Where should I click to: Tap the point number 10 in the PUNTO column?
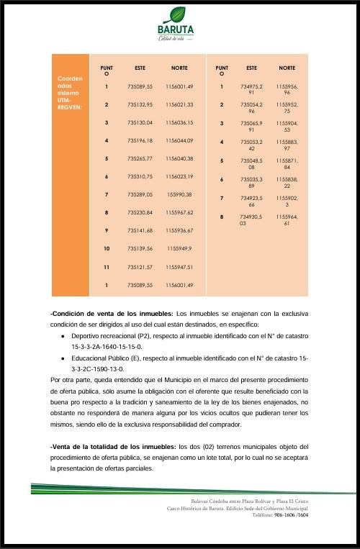coord(106,248)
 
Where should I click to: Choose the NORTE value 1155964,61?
coord(287,219)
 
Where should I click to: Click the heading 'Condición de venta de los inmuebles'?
coord(112,314)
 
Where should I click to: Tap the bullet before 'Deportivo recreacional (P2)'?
coord(63,335)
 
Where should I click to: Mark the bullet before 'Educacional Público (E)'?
coord(63,357)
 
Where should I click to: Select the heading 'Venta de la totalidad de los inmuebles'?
coord(113,447)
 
